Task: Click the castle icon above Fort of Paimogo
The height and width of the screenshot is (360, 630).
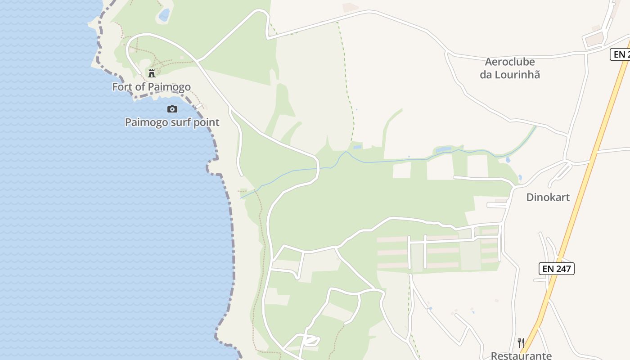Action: (x=152, y=73)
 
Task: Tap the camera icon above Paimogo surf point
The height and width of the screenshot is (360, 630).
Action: (x=172, y=109)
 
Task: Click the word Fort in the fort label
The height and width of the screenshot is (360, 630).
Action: (x=121, y=87)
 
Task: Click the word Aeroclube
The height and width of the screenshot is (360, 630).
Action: (x=509, y=62)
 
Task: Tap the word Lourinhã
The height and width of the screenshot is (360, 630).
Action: (x=517, y=75)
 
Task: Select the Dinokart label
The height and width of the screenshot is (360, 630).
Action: (x=548, y=197)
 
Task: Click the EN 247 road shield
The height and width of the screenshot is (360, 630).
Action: (x=557, y=269)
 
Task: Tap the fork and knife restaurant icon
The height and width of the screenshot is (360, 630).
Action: (x=521, y=343)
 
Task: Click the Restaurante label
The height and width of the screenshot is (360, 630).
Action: (x=521, y=355)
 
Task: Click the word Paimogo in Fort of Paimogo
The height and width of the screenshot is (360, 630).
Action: (x=171, y=87)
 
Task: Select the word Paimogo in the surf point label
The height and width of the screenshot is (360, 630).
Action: (x=146, y=122)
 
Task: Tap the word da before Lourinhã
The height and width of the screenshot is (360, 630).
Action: (x=486, y=75)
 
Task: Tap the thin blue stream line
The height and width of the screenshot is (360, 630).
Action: (x=382, y=161)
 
